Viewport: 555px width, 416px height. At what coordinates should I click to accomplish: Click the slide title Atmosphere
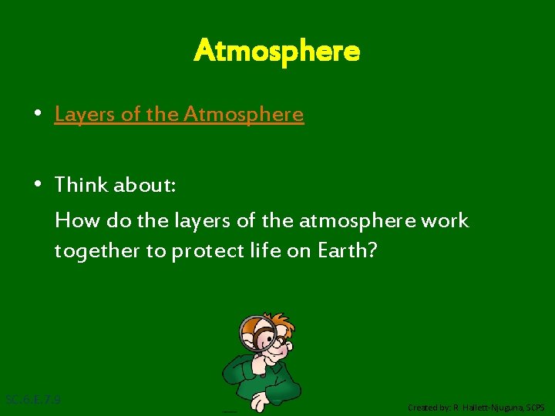click(277, 52)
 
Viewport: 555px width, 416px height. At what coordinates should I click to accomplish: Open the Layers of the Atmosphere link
click(179, 115)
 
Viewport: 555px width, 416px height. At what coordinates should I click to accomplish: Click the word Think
click(82, 185)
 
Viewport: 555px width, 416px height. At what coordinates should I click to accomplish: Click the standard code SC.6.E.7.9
click(33, 400)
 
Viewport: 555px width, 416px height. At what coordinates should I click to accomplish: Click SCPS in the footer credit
click(536, 407)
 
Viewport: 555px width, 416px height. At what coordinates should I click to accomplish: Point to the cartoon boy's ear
click(291, 339)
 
